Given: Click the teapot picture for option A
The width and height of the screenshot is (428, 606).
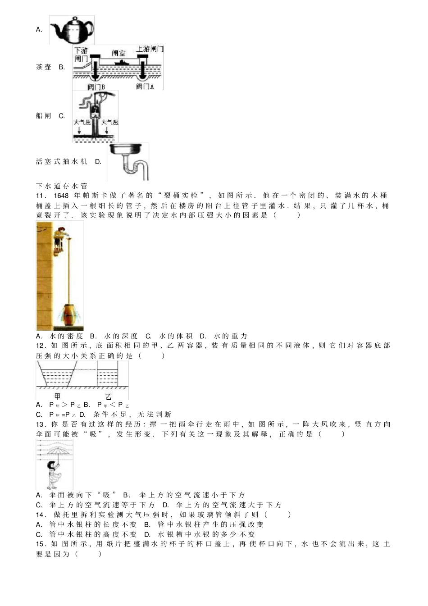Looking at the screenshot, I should click(72, 30).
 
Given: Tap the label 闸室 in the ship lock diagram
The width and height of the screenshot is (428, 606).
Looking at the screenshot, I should click(119, 53).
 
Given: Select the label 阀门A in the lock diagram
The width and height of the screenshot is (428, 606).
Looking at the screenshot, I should click(145, 86).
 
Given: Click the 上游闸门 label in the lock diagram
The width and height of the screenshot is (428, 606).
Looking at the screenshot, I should click(150, 49).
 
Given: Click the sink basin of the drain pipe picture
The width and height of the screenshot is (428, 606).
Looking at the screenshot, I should click(128, 149).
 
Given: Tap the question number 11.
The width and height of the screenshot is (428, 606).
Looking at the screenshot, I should click(41, 196).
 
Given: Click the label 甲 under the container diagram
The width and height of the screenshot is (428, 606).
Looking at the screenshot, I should click(57, 396).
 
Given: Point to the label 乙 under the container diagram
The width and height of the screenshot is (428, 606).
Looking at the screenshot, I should click(108, 396).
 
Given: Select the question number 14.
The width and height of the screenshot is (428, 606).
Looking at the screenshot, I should click(41, 515).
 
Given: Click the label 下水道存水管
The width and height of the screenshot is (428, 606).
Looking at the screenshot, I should click(62, 186).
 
